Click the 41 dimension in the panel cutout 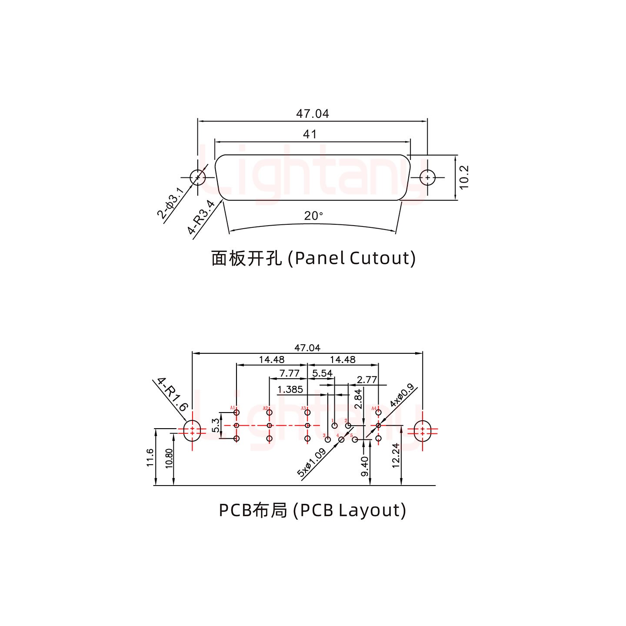click(x=310, y=134)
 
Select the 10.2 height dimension click(x=464, y=177)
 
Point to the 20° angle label click(x=313, y=216)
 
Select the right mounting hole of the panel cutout click(x=428, y=177)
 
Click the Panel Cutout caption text click(x=313, y=258)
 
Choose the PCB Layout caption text click(x=312, y=510)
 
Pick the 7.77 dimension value click(x=289, y=373)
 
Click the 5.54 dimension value click(x=322, y=373)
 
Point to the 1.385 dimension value click(x=290, y=390)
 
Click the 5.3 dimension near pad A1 click(x=215, y=426)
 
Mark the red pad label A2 click(x=265, y=408)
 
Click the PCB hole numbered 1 click(x=335, y=426)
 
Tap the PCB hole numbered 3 click(x=328, y=440)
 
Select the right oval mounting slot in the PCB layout click(x=422, y=431)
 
